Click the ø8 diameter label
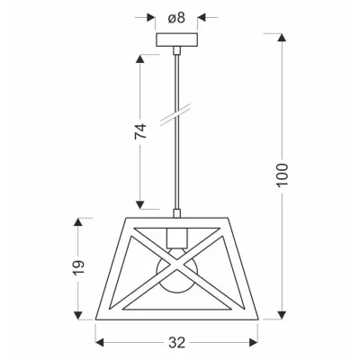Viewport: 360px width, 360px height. (x=176, y=16)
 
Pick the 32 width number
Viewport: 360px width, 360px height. (x=177, y=342)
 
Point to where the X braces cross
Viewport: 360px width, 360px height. (x=177, y=266)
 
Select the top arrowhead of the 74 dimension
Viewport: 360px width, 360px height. (x=140, y=56)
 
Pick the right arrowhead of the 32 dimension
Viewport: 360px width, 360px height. (x=256, y=341)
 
